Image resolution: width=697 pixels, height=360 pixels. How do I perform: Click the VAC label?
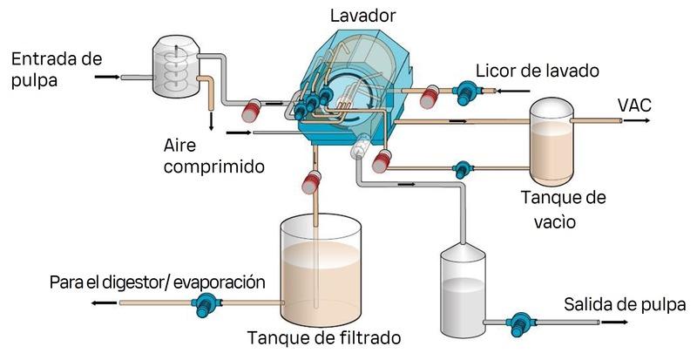point(634,106)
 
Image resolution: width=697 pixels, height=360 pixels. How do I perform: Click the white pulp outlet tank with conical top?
point(467,288)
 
